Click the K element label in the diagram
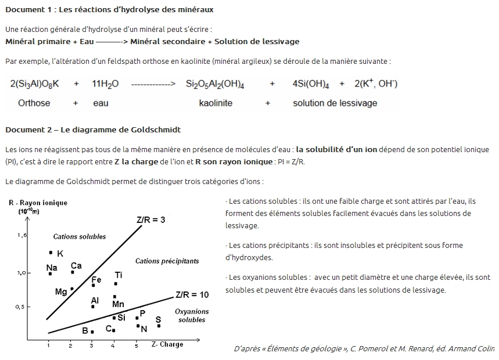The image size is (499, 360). pos(60,254)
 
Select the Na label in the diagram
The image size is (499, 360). pos(52,268)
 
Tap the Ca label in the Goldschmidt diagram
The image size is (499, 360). pos(76,266)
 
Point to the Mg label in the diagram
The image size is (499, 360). pos(61,292)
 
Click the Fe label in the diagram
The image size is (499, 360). pos(96,280)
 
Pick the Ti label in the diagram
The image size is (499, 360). pos(119,275)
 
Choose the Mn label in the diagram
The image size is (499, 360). pos(118,304)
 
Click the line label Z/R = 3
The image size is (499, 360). pos(151,220)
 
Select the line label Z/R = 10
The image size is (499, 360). pos(192,294)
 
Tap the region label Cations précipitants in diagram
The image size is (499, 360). pos(167,261)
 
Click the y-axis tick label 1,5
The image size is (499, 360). pos(23,235)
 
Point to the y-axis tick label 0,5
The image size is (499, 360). pos(20,307)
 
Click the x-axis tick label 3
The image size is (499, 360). pos(91,346)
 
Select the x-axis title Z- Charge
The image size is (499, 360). pos(167,344)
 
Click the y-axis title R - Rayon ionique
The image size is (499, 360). pos(38,203)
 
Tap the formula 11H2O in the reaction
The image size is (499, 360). pos(105,84)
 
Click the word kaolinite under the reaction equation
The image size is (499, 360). pos(216,103)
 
